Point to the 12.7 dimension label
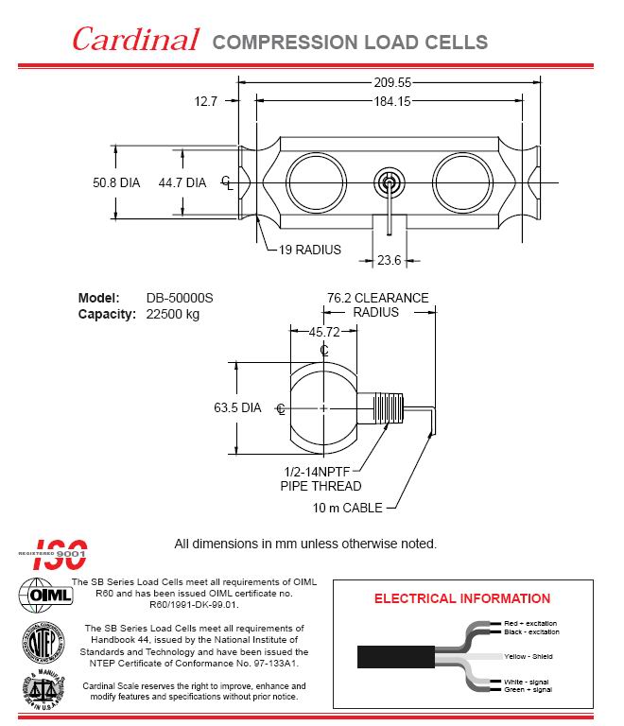coord(206,100)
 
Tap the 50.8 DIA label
coord(115,182)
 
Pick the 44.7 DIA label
coord(182,182)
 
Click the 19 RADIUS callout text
coord(310,251)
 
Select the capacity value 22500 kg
coord(173,314)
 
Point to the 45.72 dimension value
coord(324,332)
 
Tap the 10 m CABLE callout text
coord(348,508)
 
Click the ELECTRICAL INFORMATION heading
coord(462,598)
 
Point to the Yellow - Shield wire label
coord(529,656)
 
